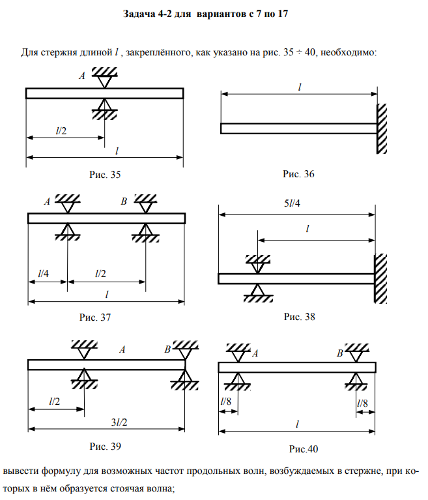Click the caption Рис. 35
point(105,175)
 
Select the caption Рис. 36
point(298,174)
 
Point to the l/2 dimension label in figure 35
point(61,130)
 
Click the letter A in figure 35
point(82,76)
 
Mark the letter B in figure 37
point(124,201)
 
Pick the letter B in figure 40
point(339,353)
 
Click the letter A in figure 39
point(122,349)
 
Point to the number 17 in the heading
point(281,14)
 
